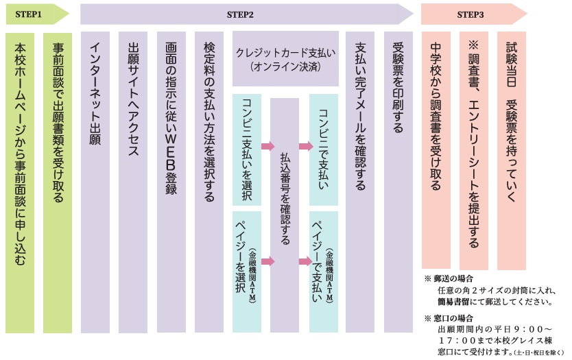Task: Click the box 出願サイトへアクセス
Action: pos(133,182)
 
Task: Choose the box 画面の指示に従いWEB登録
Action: pos(171,182)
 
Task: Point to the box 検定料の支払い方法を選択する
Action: pos(209,182)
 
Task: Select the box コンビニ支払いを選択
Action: pos(247,149)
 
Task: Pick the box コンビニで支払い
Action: pos(323,149)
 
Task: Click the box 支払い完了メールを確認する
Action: pos(361,182)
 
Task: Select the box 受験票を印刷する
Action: pos(398,182)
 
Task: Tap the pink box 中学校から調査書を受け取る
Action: pos(436,150)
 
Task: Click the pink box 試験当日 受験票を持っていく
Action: pos(512,150)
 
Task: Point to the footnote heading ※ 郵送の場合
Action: pos(449,278)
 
